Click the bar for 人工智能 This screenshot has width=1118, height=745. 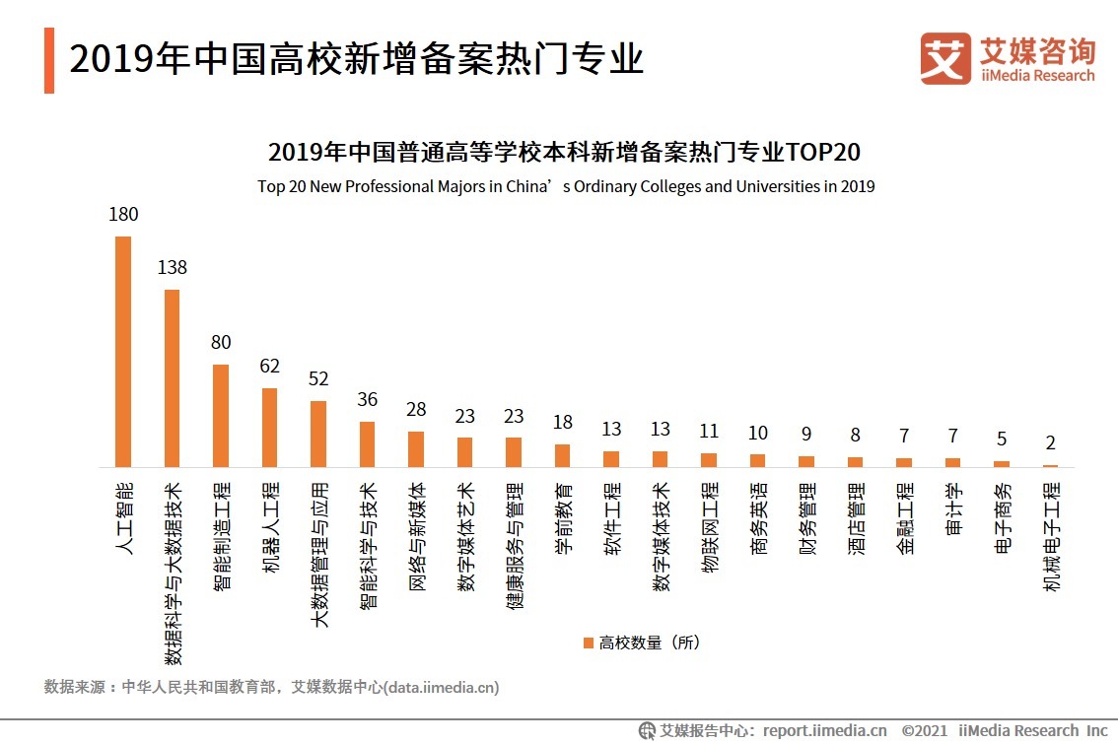(x=123, y=352)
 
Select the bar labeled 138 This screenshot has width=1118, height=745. (x=172, y=378)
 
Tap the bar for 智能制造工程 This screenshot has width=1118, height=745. (x=221, y=416)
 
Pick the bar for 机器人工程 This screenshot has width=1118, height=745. (x=269, y=428)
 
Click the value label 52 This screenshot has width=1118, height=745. (x=318, y=379)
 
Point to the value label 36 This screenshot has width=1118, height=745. (x=367, y=400)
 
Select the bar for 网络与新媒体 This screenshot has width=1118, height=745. (x=416, y=449)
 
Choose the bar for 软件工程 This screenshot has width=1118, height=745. (x=611, y=459)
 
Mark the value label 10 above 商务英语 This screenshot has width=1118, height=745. (x=757, y=434)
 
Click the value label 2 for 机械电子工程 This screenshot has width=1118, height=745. (x=1051, y=443)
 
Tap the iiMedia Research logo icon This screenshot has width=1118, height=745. (x=944, y=58)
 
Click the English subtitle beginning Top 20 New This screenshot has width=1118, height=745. (x=566, y=186)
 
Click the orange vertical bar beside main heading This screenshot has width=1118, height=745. (x=48, y=61)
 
